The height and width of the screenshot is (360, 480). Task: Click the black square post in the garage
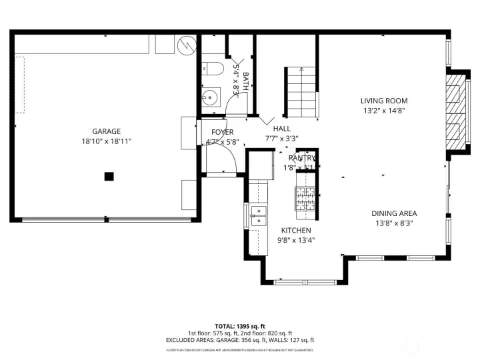(108, 176)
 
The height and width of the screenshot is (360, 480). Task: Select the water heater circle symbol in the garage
(187, 45)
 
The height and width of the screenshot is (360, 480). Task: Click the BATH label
(245, 82)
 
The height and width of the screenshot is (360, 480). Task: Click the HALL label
(281, 129)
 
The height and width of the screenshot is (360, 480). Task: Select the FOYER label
(222, 132)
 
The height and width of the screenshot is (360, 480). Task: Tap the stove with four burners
(305, 198)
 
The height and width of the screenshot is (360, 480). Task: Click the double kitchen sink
(258, 213)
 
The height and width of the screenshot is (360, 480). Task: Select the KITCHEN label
(295, 230)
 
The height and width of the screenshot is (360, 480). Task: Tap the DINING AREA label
(394, 214)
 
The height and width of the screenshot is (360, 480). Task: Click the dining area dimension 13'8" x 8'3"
(394, 224)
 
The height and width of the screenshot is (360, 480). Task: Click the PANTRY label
(302, 157)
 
